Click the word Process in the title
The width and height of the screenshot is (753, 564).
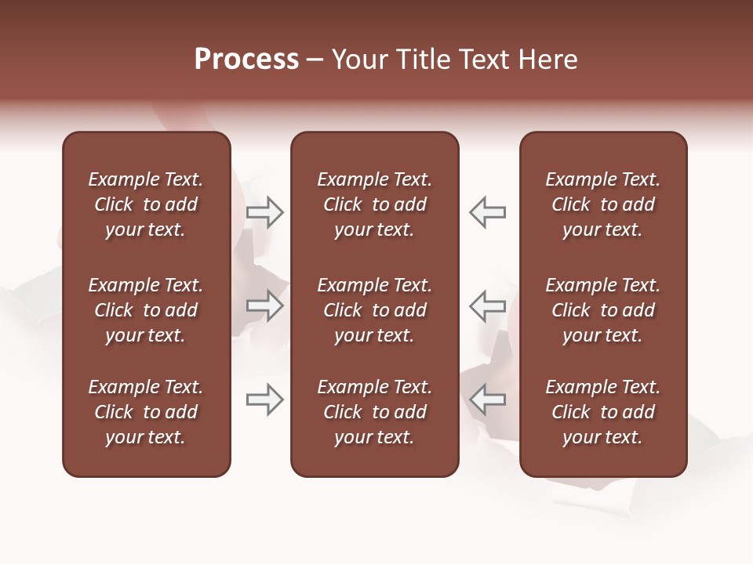[x=246, y=60]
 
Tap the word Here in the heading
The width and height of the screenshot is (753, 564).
[x=547, y=60]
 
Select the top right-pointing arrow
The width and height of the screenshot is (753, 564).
[x=265, y=211]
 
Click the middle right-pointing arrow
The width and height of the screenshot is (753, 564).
[x=265, y=305]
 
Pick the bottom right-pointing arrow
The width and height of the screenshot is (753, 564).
[x=265, y=399]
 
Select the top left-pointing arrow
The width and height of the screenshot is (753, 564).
[x=488, y=211]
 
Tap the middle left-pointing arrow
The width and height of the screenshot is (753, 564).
[x=488, y=305]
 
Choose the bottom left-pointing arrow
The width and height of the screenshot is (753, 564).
[x=488, y=399]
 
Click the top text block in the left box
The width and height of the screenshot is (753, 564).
[x=146, y=204]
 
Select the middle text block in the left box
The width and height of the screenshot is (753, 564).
[x=146, y=310]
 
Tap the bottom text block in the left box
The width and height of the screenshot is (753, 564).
[x=146, y=412]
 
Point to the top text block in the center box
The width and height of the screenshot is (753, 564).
[x=374, y=204]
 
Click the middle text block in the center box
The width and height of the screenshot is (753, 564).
[x=374, y=310]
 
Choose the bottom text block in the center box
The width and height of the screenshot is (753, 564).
[x=374, y=412]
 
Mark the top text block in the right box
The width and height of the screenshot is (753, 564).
[x=602, y=204]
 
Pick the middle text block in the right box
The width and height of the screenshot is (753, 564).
[x=602, y=310]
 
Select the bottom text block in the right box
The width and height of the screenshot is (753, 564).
[x=602, y=412]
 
